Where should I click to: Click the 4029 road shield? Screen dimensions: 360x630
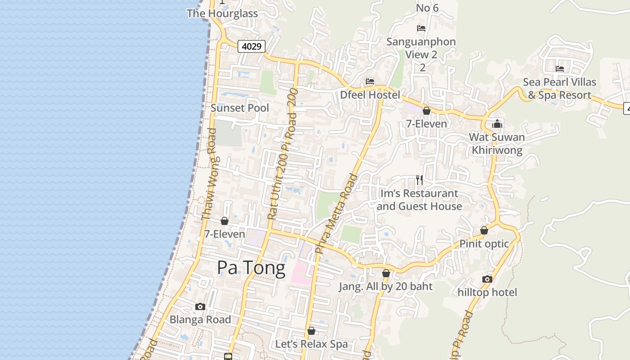pyautogui.click(x=252, y=46)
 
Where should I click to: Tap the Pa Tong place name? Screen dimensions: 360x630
pyautogui.click(x=251, y=268)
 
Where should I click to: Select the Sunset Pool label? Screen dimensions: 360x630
pyautogui.click(x=240, y=108)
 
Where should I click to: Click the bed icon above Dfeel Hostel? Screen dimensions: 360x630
pyautogui.click(x=370, y=81)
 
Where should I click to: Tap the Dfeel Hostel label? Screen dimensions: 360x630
pyautogui.click(x=370, y=95)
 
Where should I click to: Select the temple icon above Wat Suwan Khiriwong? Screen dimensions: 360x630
pyautogui.click(x=497, y=124)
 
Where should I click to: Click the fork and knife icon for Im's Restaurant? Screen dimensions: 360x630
pyautogui.click(x=419, y=180)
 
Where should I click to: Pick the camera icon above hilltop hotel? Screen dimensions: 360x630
pyautogui.click(x=487, y=279)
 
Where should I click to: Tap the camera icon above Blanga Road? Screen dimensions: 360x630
pyautogui.click(x=200, y=307)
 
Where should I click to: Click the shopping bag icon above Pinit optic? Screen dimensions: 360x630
pyautogui.click(x=484, y=230)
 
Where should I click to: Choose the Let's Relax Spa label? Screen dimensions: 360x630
pyautogui.click(x=311, y=344)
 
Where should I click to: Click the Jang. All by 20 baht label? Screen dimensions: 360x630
pyautogui.click(x=386, y=287)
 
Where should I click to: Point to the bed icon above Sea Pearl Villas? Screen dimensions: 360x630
pyautogui.click(x=560, y=69)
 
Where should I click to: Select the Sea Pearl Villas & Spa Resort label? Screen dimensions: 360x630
pyautogui.click(x=559, y=89)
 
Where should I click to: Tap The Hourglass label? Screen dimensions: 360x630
pyautogui.click(x=222, y=13)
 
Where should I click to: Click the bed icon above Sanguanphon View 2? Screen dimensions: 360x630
pyautogui.click(x=421, y=28)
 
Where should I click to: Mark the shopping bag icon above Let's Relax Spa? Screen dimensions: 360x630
pyautogui.click(x=311, y=331)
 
